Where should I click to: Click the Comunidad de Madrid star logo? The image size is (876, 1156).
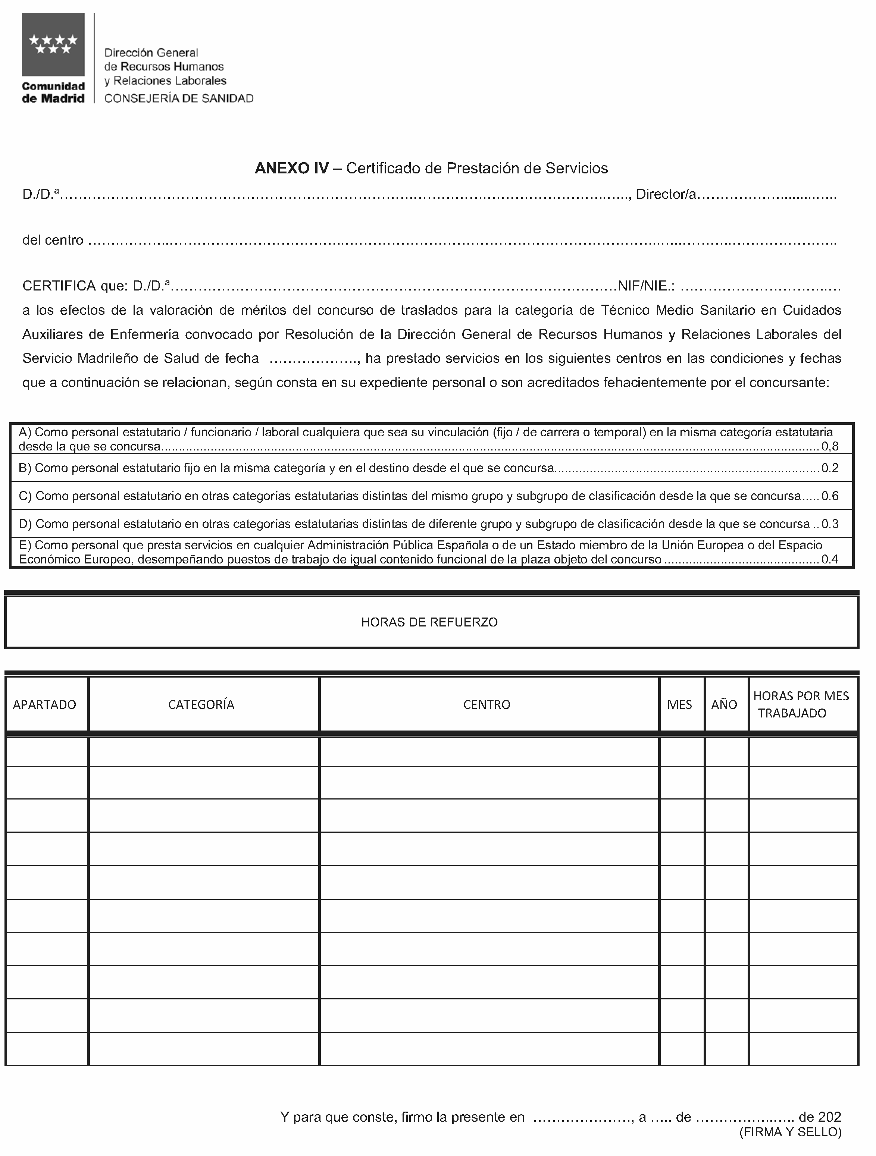click(x=53, y=45)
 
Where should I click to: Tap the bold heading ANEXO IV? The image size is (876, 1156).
click(x=292, y=168)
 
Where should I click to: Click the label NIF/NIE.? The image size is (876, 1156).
click(x=646, y=286)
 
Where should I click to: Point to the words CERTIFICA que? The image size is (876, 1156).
click(x=74, y=286)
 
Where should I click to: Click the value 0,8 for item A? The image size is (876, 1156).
click(x=830, y=446)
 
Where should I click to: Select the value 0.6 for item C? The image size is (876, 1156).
click(x=830, y=496)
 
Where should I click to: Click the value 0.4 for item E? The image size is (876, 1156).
click(x=830, y=560)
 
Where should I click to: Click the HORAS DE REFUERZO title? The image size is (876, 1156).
click(x=429, y=622)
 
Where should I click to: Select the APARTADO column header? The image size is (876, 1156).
click(x=44, y=704)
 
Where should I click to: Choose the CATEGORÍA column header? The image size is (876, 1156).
click(x=201, y=704)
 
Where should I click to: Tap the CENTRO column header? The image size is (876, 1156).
click(x=487, y=704)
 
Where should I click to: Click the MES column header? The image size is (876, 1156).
click(x=680, y=704)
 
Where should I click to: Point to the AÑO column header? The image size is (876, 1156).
click(x=724, y=704)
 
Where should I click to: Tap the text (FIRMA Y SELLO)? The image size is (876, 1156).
click(x=790, y=1132)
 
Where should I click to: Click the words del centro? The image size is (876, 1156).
click(x=53, y=241)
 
